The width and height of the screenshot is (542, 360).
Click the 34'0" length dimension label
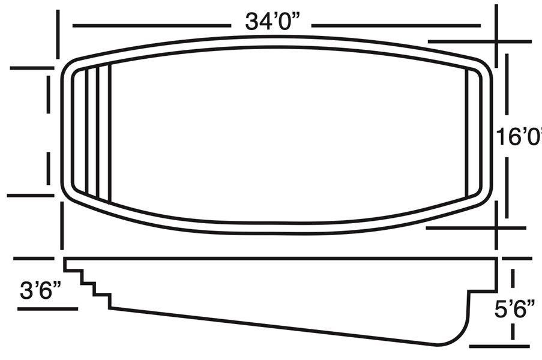pyautogui.click(x=273, y=22)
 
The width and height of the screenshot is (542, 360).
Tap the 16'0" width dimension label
pyautogui.click(x=519, y=136)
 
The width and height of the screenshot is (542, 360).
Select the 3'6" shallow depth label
pyautogui.click(x=41, y=290)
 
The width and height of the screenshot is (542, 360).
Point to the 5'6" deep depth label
pyautogui.click(x=515, y=308)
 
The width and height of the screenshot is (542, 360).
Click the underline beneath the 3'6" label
pyautogui.click(x=47, y=309)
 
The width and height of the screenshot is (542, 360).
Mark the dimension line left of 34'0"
pyautogui.click(x=152, y=26)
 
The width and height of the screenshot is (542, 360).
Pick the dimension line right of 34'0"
pyautogui.click(x=396, y=26)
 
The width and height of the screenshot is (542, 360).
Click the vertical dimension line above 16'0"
pyautogui.click(x=507, y=84)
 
